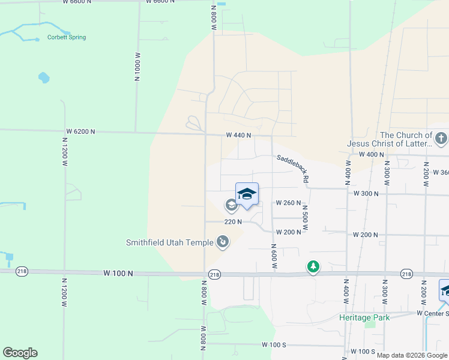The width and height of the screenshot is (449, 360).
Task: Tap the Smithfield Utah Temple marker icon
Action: tap(223, 242)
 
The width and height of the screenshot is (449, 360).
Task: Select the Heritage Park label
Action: tap(364, 317)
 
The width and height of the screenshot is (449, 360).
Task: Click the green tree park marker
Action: tap(313, 266)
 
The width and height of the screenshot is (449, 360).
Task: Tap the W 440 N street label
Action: tap(238, 136)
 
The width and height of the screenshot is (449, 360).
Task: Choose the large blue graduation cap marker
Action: tap(247, 194)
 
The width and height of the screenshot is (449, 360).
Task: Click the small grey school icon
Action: tap(231, 206)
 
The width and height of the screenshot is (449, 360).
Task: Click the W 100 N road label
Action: tap(117, 273)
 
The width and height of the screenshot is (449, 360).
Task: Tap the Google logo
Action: tap(20, 353)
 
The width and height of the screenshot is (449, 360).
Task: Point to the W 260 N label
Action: tap(288, 203)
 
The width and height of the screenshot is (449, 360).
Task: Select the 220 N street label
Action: tap(233, 221)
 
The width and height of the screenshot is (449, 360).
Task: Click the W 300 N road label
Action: tap(366, 194)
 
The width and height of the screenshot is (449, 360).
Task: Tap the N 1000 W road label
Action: tap(137, 67)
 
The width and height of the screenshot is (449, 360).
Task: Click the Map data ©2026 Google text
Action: tap(412, 355)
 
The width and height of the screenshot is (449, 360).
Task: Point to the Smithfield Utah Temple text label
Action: tap(169, 243)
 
